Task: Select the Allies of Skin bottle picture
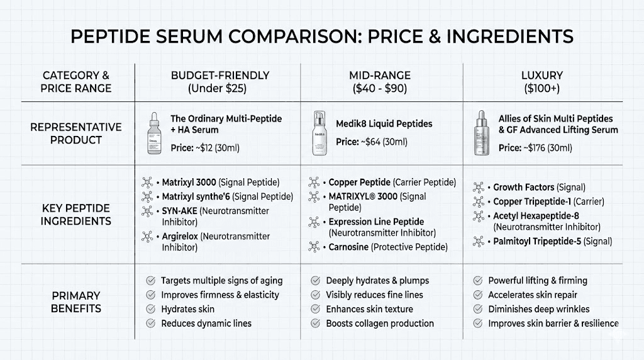tap(481, 133)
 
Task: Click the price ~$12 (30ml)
tap(205, 148)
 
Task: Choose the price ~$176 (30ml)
tap(535, 148)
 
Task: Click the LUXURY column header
tap(542, 82)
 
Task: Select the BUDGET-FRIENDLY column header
tap(220, 82)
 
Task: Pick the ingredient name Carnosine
tap(348, 247)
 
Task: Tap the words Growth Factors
tap(524, 187)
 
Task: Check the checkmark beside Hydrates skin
tap(150, 309)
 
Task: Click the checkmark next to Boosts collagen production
tap(314, 323)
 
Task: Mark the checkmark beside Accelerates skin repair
tap(477, 295)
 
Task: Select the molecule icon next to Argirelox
tap(148, 237)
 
